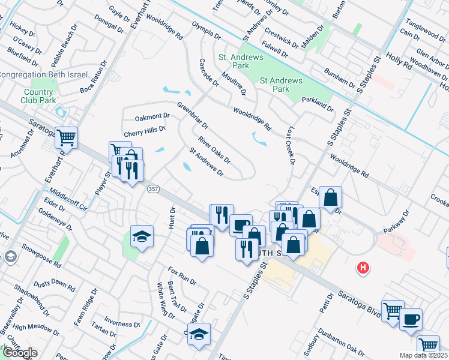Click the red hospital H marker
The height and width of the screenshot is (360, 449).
(x=363, y=268)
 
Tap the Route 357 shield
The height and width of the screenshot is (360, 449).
(x=153, y=188)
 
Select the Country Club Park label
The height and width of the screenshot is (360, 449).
(x=38, y=97)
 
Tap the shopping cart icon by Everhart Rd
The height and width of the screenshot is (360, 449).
(x=66, y=137)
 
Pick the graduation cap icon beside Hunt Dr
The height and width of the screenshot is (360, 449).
(x=141, y=236)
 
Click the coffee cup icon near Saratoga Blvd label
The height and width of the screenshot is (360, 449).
(x=411, y=320)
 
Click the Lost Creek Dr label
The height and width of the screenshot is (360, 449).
(x=291, y=145)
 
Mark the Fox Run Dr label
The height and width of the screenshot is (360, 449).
(x=182, y=275)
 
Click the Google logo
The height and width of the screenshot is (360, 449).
(x=19, y=353)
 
